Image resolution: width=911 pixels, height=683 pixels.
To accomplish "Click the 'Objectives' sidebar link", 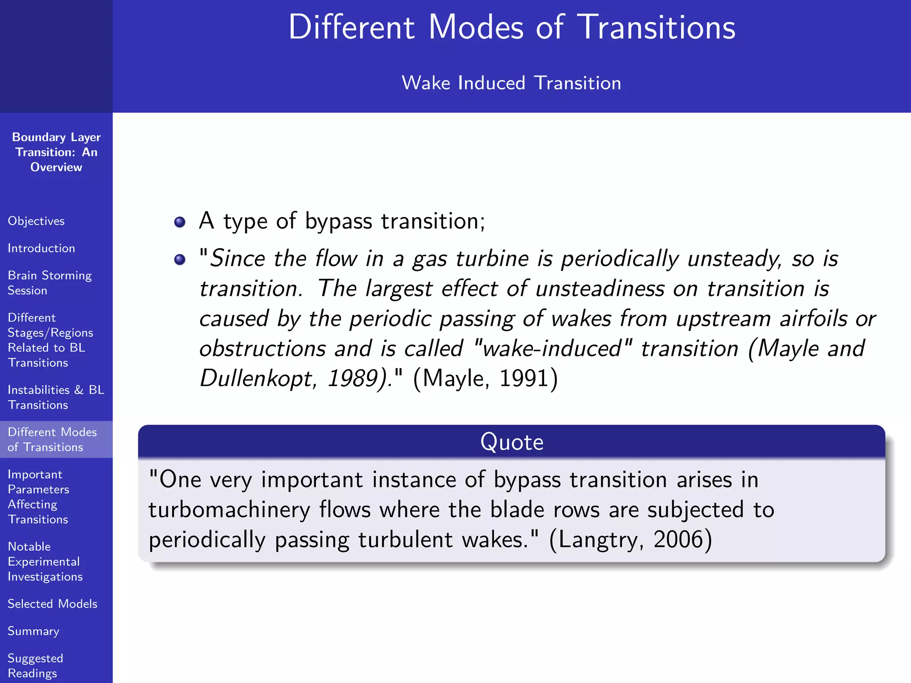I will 36,221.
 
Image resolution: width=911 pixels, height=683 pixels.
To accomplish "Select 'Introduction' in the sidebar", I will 41,248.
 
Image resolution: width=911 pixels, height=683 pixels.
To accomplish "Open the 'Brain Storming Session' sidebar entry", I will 49,283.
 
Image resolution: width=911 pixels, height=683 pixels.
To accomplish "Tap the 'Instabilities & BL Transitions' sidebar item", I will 56,397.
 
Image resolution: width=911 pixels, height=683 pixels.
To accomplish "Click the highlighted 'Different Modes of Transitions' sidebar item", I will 52,439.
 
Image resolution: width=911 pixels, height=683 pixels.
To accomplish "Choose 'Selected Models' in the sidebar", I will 52,604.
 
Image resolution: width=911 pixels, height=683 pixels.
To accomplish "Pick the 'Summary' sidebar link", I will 33,631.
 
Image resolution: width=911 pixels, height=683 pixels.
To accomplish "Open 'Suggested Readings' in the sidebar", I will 35,666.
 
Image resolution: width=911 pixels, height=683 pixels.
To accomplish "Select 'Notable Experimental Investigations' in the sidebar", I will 45,562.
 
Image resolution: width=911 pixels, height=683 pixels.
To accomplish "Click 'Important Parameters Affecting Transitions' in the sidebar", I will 39,497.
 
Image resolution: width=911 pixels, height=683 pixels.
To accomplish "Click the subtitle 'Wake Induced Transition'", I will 511,83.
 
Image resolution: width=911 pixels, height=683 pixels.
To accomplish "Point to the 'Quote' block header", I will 512,442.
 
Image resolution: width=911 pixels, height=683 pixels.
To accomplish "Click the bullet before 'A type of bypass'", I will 180,222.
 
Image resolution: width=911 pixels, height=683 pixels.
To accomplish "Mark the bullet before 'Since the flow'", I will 180,259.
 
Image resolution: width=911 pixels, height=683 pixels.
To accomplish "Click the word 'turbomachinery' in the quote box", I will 229,510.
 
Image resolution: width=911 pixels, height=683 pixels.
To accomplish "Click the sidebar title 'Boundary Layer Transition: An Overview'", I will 56,152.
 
